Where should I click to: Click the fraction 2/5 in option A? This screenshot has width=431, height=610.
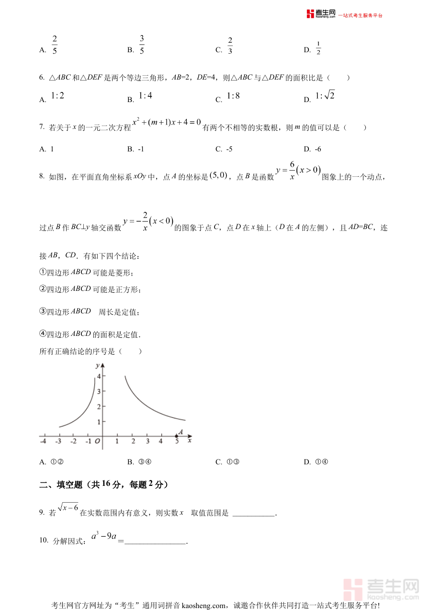click(x=55, y=45)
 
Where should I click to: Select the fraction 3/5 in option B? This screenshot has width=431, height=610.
click(x=142, y=45)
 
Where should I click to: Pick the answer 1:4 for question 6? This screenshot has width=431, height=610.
click(x=145, y=96)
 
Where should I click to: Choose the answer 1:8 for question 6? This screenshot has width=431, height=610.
click(x=233, y=96)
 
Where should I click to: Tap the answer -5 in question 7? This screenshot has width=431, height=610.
click(x=229, y=149)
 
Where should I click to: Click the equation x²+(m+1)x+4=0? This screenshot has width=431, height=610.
click(x=167, y=123)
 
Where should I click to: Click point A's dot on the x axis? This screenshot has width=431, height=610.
click(x=176, y=436)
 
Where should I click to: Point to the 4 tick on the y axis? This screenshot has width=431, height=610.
click(x=98, y=376)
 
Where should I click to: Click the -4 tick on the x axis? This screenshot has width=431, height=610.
click(x=43, y=441)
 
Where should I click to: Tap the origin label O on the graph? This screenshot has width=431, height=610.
click(x=97, y=441)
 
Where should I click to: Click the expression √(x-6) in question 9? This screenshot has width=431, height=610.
click(x=68, y=507)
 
